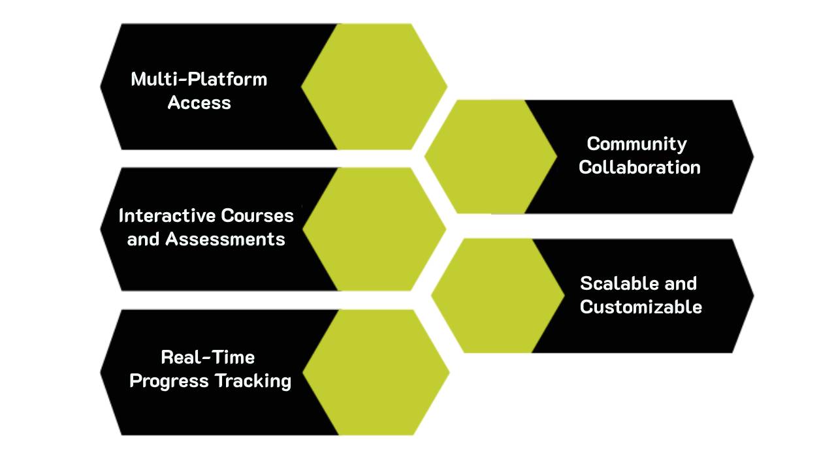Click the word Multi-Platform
(x=199, y=79)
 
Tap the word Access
(x=199, y=102)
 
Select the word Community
(x=637, y=144)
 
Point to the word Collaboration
(x=639, y=167)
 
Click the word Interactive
(x=167, y=215)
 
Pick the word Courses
(x=257, y=215)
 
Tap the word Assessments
(x=225, y=239)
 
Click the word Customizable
(x=641, y=307)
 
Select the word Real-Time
(x=208, y=357)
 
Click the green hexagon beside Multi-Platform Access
(x=374, y=86)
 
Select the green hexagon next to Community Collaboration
(x=490, y=157)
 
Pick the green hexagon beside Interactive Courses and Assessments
(x=374, y=229)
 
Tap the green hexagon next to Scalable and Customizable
(x=498, y=296)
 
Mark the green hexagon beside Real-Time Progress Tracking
(x=376, y=372)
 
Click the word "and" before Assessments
(x=143, y=239)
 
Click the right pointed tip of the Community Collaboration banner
(x=752, y=157)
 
